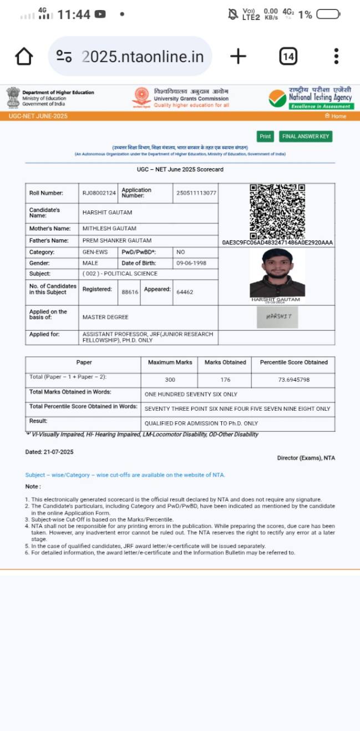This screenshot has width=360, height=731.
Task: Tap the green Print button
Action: (x=265, y=137)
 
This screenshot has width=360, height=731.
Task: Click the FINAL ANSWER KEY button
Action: (x=306, y=137)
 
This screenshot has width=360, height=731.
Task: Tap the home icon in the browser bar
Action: (x=24, y=56)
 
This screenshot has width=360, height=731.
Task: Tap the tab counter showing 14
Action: (x=288, y=56)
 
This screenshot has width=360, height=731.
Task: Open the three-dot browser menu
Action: (x=336, y=56)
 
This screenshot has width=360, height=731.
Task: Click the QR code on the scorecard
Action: (x=277, y=211)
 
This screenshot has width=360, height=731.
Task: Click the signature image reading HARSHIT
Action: (x=277, y=316)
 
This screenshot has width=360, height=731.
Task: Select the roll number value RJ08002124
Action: (x=99, y=193)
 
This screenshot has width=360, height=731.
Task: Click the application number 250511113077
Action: (x=196, y=193)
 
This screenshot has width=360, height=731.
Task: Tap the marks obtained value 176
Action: (x=225, y=380)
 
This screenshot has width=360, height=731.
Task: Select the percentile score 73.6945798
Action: (x=293, y=380)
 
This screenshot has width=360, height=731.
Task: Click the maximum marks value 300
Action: (x=170, y=380)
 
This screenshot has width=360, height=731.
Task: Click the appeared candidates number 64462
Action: (x=185, y=292)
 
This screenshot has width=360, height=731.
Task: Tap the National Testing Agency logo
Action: (x=311, y=98)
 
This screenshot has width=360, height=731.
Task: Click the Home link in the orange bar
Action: (x=336, y=117)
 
